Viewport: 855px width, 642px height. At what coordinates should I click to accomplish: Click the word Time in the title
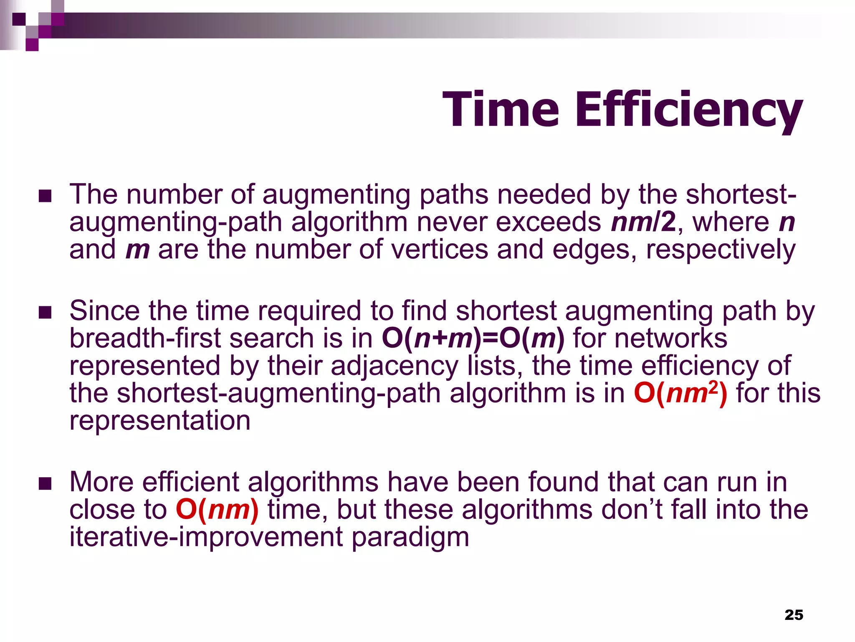[x=501, y=110]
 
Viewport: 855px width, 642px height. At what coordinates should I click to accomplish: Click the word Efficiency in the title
[x=689, y=110]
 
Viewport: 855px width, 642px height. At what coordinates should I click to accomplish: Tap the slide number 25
[x=794, y=615]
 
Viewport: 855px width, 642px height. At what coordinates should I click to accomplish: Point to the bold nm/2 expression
[x=643, y=222]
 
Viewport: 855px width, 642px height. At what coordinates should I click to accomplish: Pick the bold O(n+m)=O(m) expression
[x=473, y=338]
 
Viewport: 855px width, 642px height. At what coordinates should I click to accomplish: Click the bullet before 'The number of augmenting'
[x=45, y=196]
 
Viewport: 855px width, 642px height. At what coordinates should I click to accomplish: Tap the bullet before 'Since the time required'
[x=45, y=312]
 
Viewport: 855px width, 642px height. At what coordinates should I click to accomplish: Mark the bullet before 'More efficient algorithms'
[x=45, y=484]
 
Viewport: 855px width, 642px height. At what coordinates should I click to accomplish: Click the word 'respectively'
[x=721, y=250]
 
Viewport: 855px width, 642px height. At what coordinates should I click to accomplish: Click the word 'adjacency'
[x=395, y=366]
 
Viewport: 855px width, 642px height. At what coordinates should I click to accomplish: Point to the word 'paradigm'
[x=410, y=537]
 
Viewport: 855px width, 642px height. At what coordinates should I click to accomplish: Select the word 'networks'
[x=671, y=338]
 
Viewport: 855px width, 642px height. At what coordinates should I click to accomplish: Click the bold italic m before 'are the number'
[x=137, y=250]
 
